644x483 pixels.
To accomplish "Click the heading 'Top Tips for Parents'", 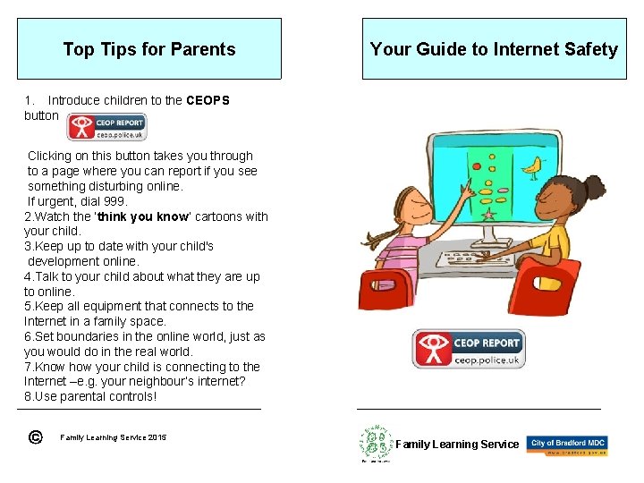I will (149, 49).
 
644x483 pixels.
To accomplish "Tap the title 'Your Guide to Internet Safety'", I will (494, 49).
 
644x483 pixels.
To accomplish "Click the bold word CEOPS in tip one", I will (208, 100).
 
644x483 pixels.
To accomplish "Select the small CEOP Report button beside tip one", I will (106, 127).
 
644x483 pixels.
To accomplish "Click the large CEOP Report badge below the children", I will (468, 349).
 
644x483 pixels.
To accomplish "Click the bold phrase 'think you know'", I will (142, 216).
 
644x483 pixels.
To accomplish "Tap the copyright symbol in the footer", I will (34, 436).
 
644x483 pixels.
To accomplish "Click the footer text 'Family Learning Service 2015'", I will (113, 437).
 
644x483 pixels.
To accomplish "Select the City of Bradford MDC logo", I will (567, 445).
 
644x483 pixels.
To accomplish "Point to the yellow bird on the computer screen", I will (534, 165).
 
